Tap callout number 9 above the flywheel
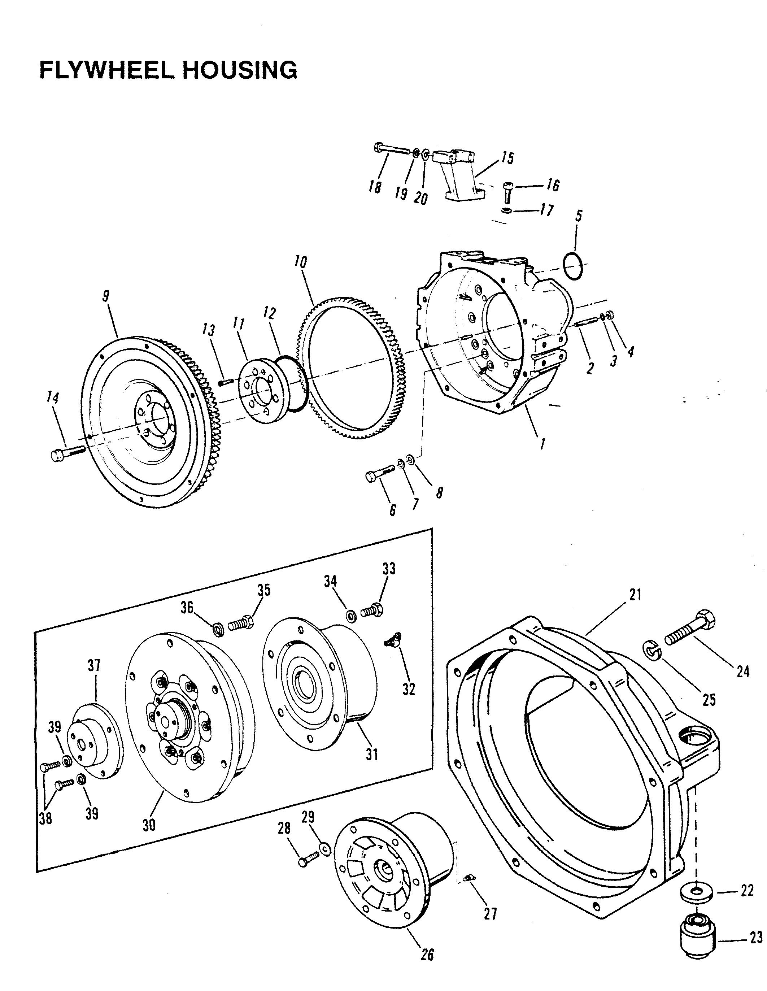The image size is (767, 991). click(106, 296)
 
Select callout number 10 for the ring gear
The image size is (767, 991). click(300, 262)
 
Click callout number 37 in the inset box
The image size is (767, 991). click(94, 666)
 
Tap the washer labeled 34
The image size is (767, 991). click(350, 616)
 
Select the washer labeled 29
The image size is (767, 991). click(324, 848)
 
